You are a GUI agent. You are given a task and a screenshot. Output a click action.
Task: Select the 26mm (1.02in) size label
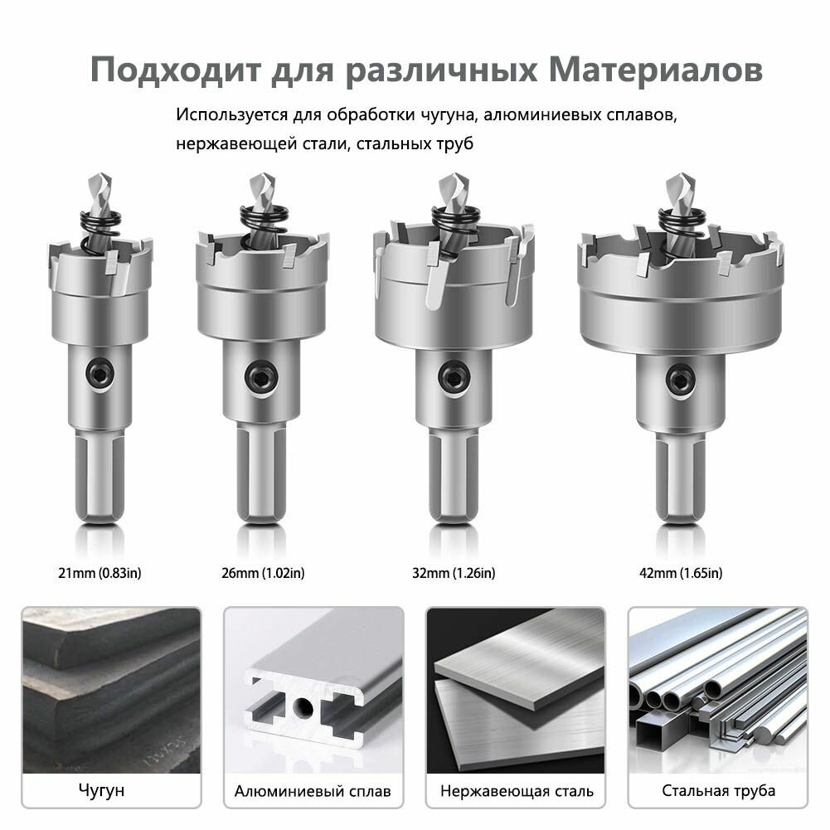pyautogui.click(x=263, y=573)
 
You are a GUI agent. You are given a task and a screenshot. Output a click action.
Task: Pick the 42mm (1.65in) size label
pyautogui.click(x=682, y=573)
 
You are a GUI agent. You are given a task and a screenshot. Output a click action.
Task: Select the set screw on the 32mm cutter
pyautogui.click(x=452, y=376)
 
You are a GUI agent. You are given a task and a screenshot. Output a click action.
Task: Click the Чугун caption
pyautogui.click(x=102, y=790)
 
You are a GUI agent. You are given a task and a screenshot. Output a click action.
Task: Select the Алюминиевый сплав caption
pyautogui.click(x=313, y=790)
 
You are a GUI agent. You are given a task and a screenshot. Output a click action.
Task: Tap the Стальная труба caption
pyautogui.click(x=718, y=790)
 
